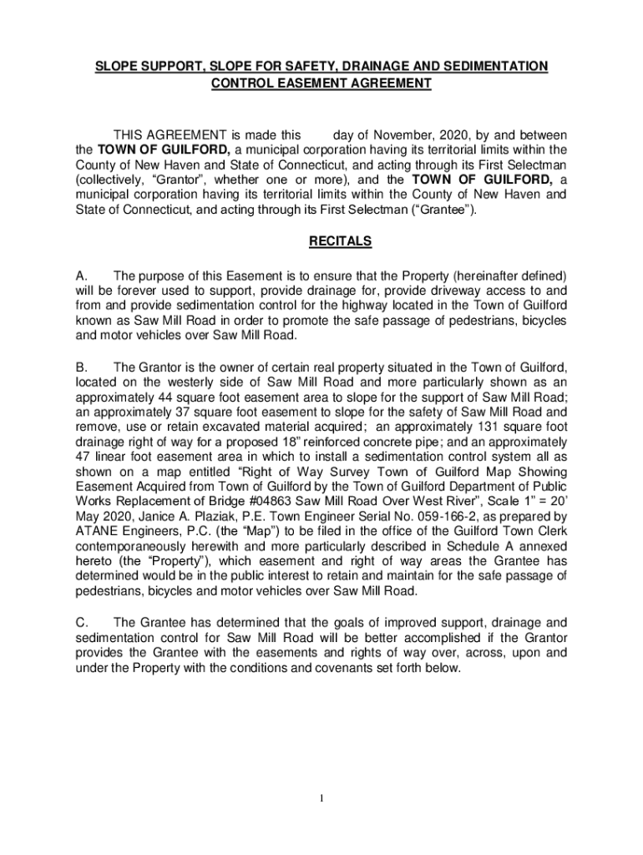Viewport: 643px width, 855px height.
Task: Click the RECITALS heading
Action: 340,242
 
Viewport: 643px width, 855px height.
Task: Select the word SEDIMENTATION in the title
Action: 496,66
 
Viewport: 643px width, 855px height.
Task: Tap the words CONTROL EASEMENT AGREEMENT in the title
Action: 321,83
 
